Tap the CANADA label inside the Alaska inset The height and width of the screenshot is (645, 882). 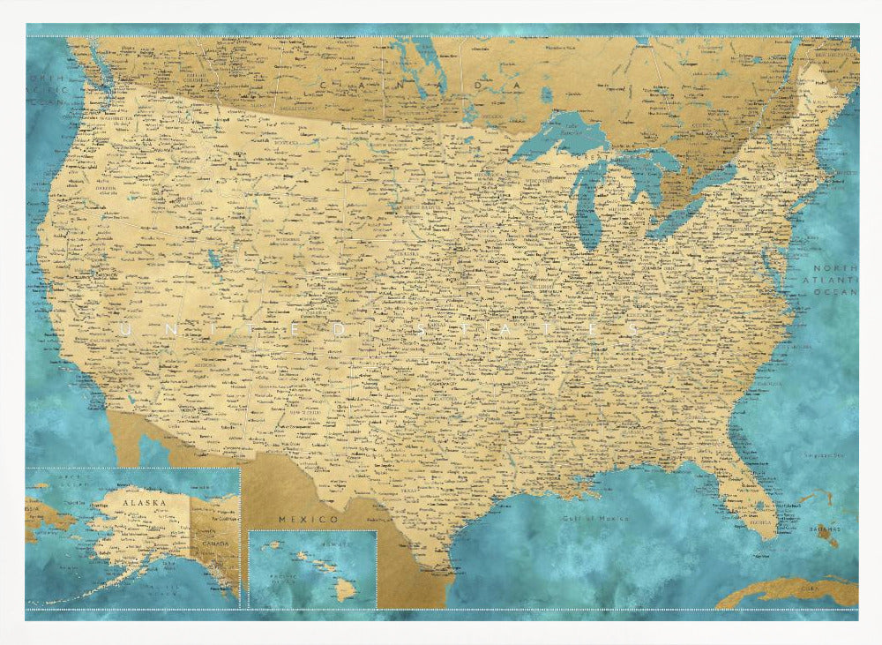pyautogui.click(x=219, y=543)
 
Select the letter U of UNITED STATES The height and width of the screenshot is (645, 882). pyautogui.click(x=123, y=327)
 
